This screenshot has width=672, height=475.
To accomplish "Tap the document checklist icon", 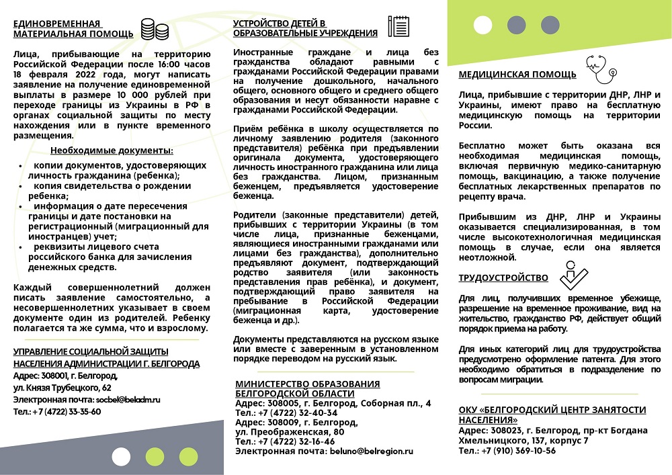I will [x=398, y=26].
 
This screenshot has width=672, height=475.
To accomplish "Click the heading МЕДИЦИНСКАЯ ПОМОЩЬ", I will [x=517, y=74].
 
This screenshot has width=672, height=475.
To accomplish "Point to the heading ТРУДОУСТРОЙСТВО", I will [x=503, y=277].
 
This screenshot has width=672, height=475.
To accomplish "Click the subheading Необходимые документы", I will [x=112, y=150].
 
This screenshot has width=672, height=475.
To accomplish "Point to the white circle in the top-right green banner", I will [x=482, y=25].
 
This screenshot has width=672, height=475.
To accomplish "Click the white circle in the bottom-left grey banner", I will [x=122, y=457].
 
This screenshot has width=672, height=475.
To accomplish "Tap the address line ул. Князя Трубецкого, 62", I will [x=62, y=388].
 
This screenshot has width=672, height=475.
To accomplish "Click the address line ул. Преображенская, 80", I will [x=290, y=432].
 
